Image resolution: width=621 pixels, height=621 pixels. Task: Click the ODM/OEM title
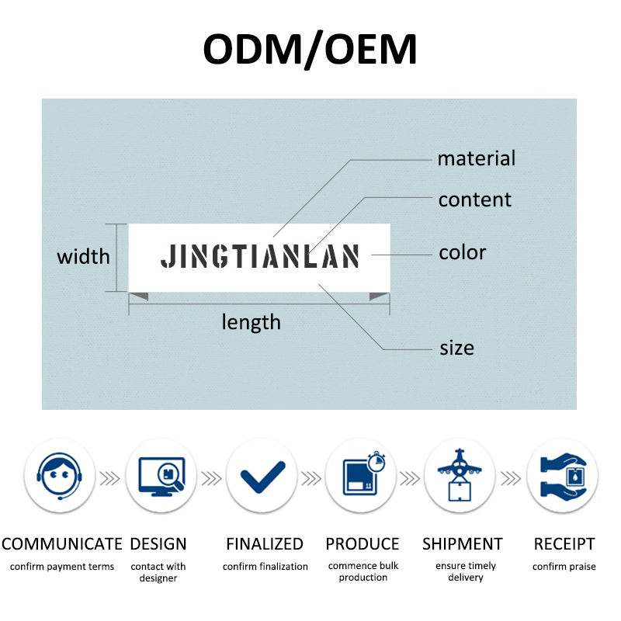310,49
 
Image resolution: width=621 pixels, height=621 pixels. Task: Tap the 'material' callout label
476,159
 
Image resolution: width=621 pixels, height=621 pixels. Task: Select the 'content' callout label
474,199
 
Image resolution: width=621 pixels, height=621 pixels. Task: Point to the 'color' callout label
462,253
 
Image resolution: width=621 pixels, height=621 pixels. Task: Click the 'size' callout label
456,348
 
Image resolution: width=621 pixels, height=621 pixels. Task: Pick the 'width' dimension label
83,257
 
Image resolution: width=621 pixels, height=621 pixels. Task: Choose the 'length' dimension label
251,322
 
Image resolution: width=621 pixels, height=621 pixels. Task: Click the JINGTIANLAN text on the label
260,256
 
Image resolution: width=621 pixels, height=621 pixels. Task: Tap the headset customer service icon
60,474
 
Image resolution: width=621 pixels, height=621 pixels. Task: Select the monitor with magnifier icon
161,474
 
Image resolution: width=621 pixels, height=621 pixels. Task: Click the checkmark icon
262,475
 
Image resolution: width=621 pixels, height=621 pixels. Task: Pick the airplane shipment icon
460,474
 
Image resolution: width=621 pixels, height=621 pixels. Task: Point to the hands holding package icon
562,474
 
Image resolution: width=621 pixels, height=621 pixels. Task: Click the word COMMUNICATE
62,544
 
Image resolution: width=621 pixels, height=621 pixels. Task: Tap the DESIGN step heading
158,544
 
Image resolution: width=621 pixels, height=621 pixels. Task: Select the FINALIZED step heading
265,544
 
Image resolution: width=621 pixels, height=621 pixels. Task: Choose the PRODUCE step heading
363,544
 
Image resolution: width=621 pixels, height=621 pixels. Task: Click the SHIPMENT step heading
463,544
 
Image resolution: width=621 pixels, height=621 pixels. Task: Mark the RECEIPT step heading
564,544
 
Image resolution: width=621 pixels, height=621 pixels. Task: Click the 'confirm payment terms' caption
62,567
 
